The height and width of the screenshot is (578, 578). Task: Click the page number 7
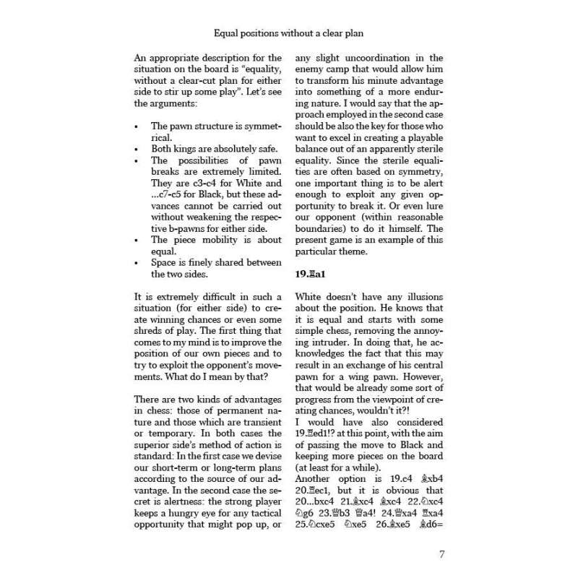click(x=441, y=555)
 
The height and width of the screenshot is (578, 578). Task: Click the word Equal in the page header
click(x=228, y=33)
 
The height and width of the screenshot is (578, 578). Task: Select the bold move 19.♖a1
click(x=311, y=274)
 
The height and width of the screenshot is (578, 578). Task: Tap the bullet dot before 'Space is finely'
click(x=138, y=262)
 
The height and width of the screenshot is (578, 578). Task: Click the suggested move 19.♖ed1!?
click(x=320, y=432)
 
